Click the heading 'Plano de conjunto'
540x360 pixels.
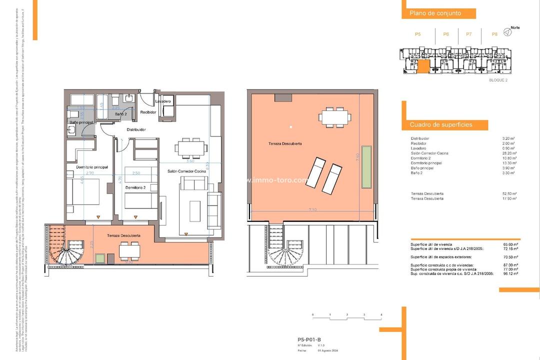click(435, 13)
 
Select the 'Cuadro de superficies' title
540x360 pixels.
click(441, 124)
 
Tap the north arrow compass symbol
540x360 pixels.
click(507, 32)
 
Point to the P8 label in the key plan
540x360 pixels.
click(494, 34)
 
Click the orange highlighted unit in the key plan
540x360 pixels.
click(423, 66)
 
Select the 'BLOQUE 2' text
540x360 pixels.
click(498, 80)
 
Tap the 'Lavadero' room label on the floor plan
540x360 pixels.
click(163, 101)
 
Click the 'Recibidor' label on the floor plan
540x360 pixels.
click(148, 112)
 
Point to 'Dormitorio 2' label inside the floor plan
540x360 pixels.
click(135, 187)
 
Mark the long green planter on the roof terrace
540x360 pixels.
click(366, 166)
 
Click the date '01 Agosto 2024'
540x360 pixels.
click(329, 351)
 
